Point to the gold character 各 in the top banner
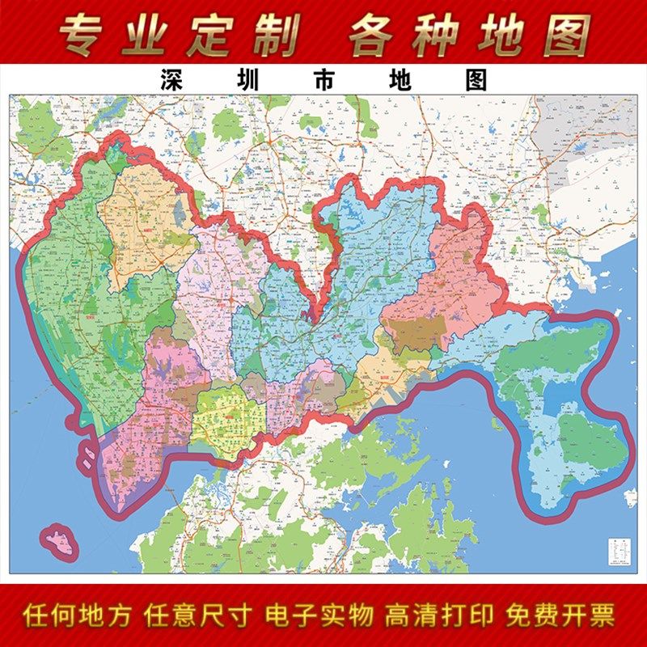(376, 34)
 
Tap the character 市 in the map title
(328, 82)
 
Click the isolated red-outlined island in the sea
(59, 541)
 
